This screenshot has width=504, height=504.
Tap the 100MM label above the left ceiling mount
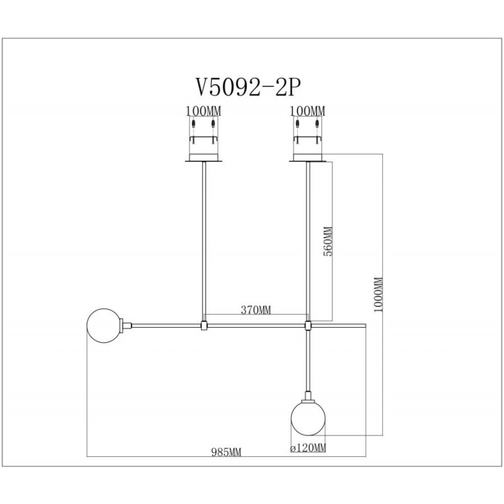tap(203, 112)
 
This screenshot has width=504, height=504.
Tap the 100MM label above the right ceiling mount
tap(307, 112)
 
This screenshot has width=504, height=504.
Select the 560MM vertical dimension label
tap(328, 241)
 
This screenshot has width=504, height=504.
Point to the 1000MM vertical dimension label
tap(379, 294)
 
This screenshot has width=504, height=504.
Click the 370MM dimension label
tap(256, 310)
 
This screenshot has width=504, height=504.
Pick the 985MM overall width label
tap(226, 452)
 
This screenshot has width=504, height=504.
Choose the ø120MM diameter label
tap(308, 448)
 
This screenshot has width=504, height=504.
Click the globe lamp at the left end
tap(103, 325)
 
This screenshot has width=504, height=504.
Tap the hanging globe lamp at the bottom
tap(308, 418)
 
